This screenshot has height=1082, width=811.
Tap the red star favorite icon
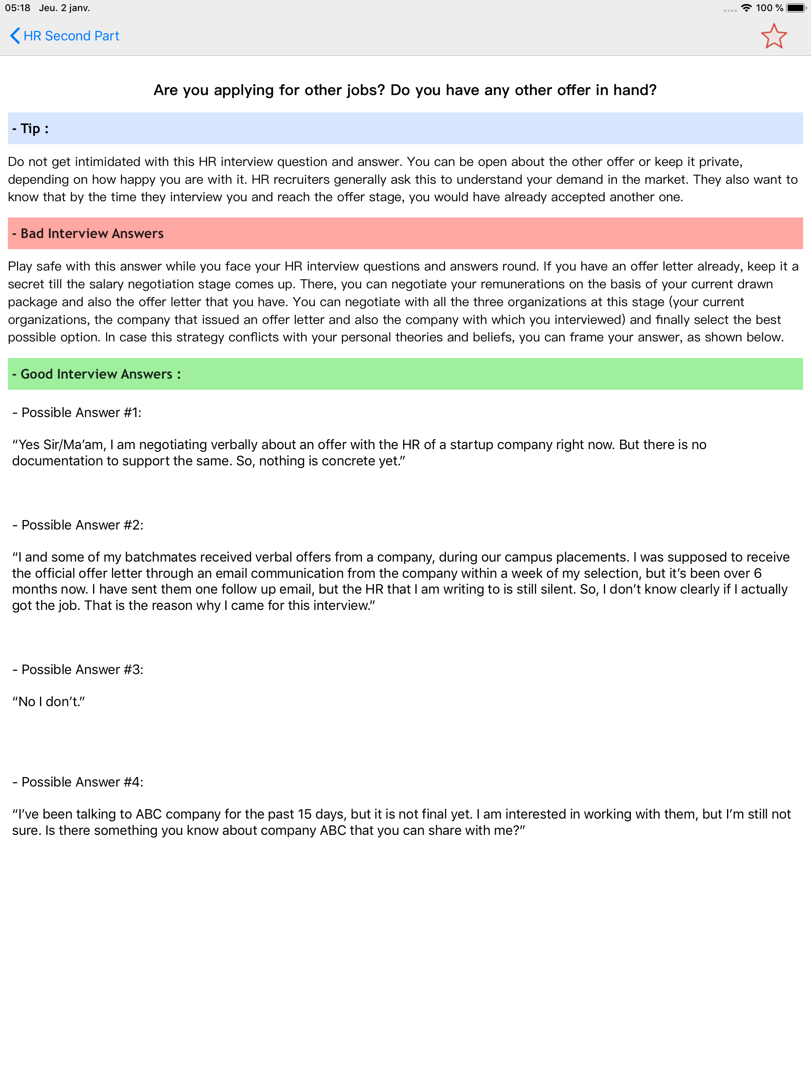(x=773, y=36)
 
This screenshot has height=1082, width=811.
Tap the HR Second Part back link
(x=71, y=36)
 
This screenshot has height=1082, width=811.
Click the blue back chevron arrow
(x=15, y=36)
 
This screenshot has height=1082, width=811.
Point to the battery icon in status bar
(x=796, y=8)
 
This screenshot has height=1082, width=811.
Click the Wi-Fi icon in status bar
(x=746, y=8)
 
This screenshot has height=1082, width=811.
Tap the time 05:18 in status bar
(x=17, y=8)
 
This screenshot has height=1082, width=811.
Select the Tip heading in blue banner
(x=30, y=129)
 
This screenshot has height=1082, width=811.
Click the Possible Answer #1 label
(x=77, y=412)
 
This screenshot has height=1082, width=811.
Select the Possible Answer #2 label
(x=78, y=525)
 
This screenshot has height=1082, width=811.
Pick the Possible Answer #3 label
(x=78, y=669)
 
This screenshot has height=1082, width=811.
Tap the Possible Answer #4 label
(x=78, y=782)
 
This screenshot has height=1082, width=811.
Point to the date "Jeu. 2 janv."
(x=65, y=8)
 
